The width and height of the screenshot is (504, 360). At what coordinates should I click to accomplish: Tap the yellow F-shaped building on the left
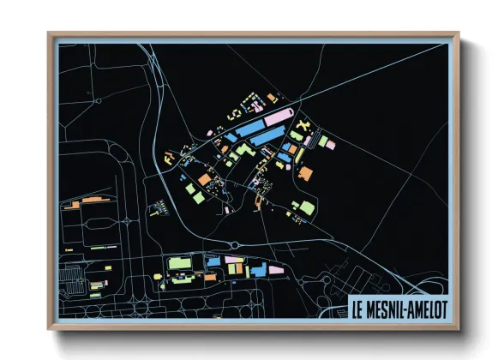coord(169,156)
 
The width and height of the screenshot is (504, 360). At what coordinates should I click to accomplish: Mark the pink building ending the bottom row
coord(277,268)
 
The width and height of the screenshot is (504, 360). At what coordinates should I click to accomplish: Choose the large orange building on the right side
coord(305,174)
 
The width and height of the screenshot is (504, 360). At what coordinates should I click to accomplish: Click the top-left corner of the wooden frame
coord(50,34)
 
